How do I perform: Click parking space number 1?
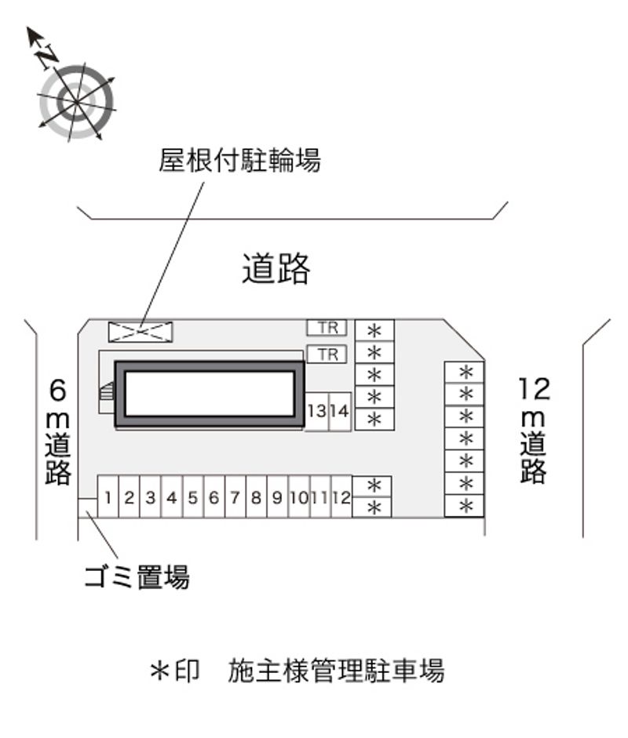(x=108, y=496)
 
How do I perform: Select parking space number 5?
(x=192, y=496)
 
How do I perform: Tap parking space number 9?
(x=277, y=496)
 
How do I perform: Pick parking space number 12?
(x=341, y=496)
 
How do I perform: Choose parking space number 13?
(x=317, y=412)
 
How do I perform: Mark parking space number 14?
(x=340, y=412)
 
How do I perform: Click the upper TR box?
(x=327, y=328)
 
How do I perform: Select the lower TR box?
(x=327, y=354)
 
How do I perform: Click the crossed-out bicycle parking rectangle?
(x=141, y=331)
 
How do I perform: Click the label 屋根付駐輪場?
(x=239, y=161)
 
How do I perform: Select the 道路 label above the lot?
(x=276, y=268)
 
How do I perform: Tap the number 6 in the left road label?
(x=58, y=391)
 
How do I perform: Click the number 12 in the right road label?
(x=535, y=389)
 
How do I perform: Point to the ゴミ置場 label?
(x=137, y=576)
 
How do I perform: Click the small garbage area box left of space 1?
(x=88, y=508)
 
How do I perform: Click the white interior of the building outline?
(x=210, y=394)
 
